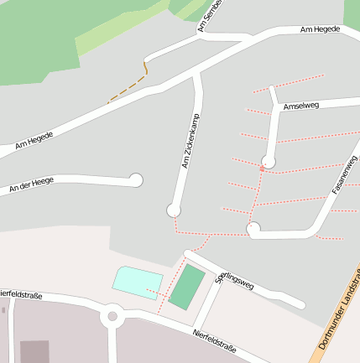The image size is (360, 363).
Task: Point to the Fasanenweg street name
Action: pos(344,176)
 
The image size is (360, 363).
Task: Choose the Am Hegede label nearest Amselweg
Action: pos(320,29)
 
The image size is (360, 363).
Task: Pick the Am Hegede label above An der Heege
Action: pos(34,140)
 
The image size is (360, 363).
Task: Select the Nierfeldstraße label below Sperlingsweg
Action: pos(214,339)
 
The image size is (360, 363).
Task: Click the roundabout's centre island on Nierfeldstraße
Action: pos(112,317)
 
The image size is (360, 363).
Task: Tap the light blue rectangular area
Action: pos(137,282)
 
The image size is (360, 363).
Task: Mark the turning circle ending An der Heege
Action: pos(136,179)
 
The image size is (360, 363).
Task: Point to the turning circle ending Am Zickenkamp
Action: pos(175,210)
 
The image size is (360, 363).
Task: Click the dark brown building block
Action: pos(34,351)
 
